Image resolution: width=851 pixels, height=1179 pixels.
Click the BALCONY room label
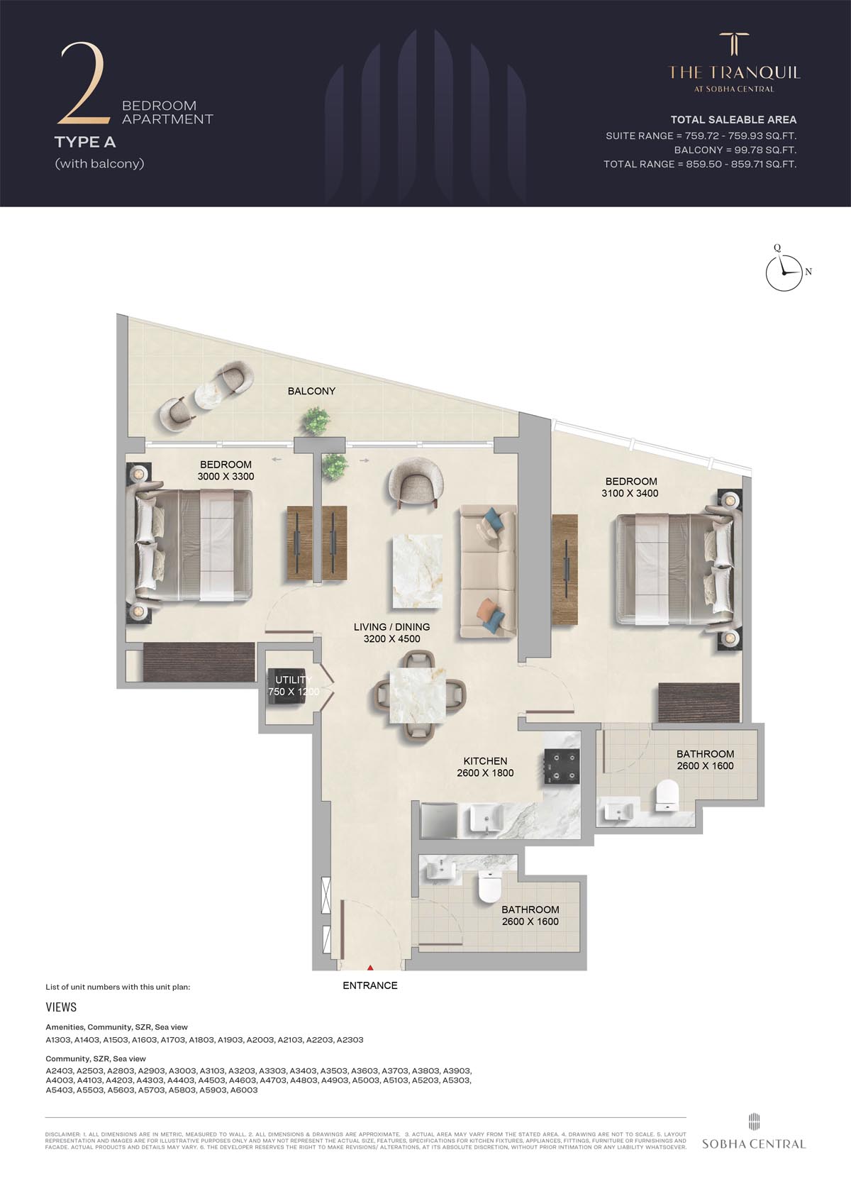311,391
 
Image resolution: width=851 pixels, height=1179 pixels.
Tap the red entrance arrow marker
369,966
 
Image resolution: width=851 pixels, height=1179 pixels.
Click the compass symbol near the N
785,272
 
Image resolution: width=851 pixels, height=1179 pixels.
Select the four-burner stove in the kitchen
562,768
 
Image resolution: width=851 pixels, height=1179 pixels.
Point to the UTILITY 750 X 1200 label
293,686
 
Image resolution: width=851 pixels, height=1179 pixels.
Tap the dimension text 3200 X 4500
391,638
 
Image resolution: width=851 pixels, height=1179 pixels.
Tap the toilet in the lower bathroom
490,887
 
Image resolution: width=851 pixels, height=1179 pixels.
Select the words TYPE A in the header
85,142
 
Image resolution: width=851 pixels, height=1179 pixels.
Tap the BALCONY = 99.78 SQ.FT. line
735,150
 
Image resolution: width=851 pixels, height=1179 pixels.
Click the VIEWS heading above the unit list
61,1007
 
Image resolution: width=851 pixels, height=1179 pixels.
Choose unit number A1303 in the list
58,1040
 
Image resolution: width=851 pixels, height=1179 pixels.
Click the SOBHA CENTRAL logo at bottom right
753,1136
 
